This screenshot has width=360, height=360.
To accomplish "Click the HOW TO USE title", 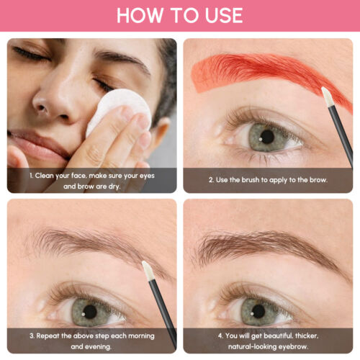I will pyautogui.click(x=179, y=15).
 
